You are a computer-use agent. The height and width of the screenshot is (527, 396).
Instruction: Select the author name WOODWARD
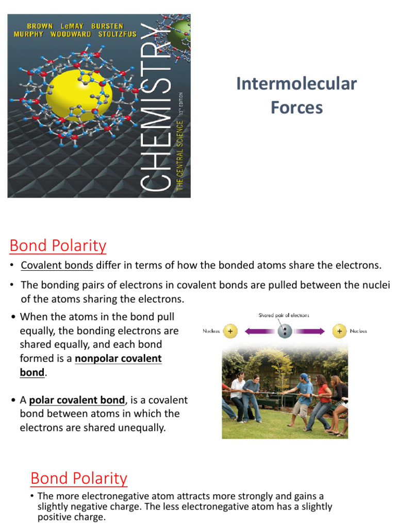tap(71, 34)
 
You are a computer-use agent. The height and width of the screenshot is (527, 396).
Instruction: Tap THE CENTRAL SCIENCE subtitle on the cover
tap(180, 155)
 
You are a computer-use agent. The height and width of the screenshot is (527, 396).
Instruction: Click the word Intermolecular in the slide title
tap(296, 83)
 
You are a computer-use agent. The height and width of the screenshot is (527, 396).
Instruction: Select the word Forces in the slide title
tap(296, 108)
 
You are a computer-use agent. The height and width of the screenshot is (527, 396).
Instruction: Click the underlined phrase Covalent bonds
tap(57, 266)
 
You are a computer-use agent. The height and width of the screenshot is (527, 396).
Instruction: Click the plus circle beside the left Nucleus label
tap(231, 331)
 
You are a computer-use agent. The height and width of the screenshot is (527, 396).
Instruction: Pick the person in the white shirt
tap(238, 393)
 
